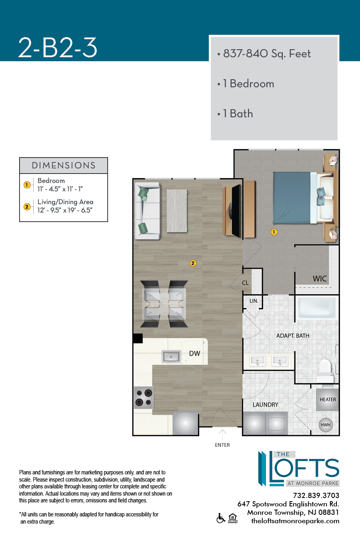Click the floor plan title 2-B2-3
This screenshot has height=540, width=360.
tap(58, 48)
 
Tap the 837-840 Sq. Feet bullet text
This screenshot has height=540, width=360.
tap(267, 54)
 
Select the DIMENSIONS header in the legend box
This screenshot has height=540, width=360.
tap(64, 165)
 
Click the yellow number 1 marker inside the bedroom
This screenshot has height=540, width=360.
tap(274, 232)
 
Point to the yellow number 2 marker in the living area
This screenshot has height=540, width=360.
tap(193, 263)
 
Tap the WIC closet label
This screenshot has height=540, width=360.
tap(320, 279)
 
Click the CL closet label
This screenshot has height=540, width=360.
tap(245, 283)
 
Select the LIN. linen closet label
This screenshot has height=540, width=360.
tap(254, 301)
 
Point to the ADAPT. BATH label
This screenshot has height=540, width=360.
tap(293, 336)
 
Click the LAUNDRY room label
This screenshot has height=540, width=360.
tap(265, 404)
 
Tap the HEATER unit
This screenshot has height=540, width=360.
tap(328, 400)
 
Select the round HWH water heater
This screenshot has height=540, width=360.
tap(326, 425)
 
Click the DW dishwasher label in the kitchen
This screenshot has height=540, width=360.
tap(194, 354)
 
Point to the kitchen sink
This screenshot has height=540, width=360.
tap(171, 356)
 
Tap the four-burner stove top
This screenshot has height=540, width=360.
tap(144, 398)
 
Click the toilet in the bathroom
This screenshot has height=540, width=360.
tap(325, 371)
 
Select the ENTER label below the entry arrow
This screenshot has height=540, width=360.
tap(222, 445)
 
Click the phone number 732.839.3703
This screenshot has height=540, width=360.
tap(316, 496)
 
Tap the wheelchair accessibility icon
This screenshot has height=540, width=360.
tap(221, 518)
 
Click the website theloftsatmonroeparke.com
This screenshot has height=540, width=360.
tap(295, 521)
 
